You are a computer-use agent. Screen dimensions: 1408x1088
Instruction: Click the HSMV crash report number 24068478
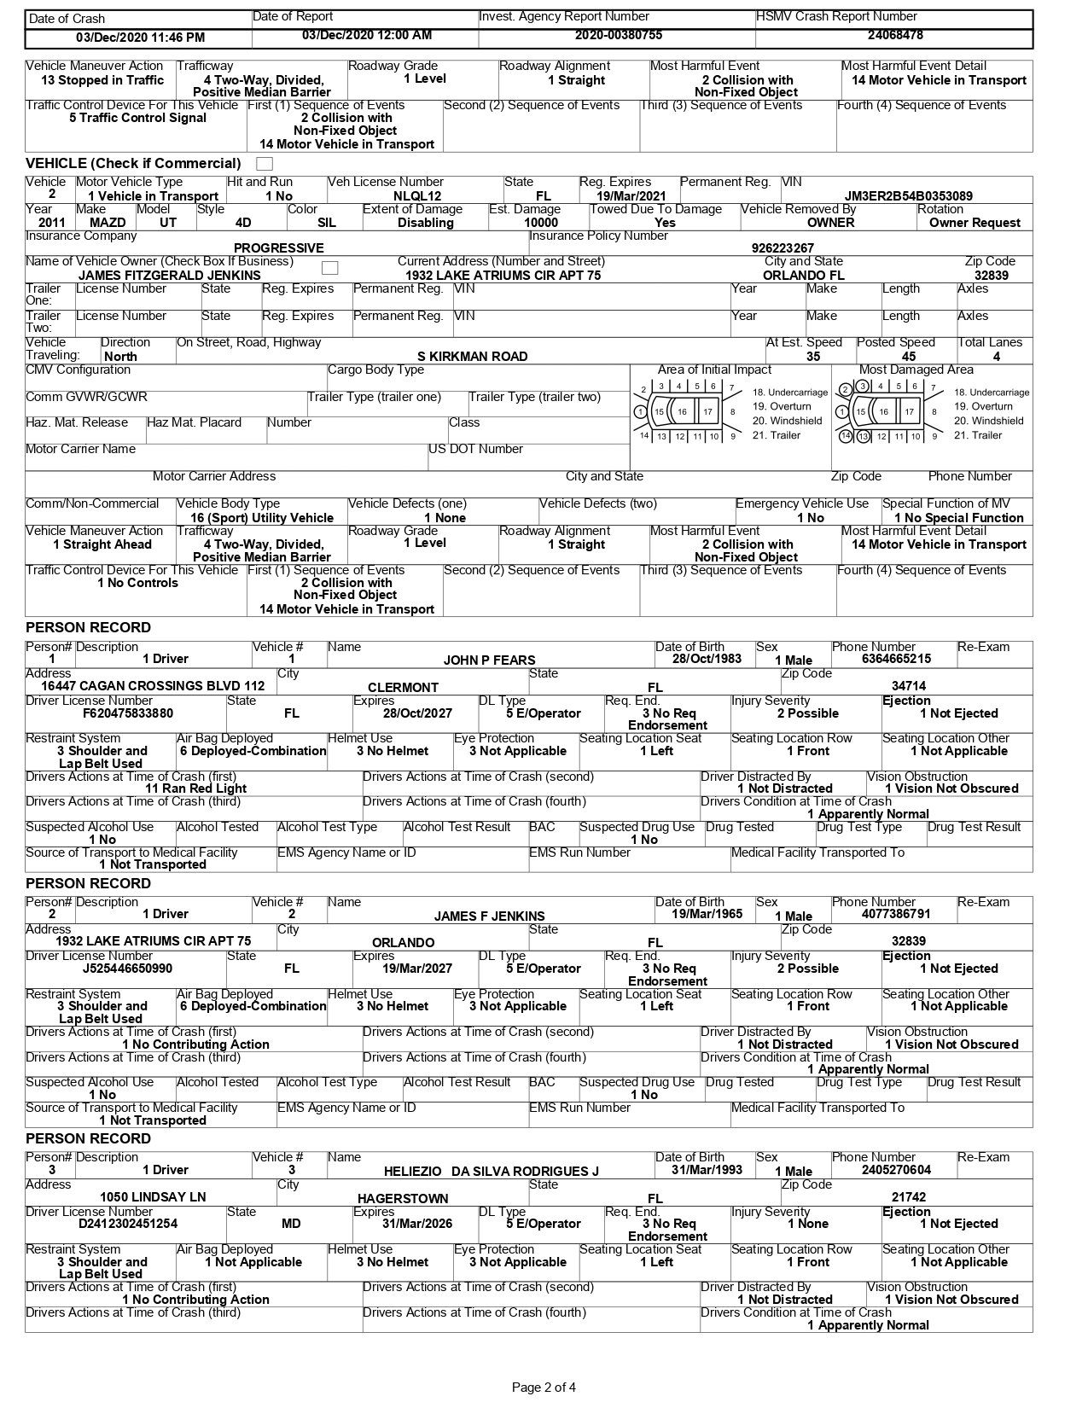tap(894, 36)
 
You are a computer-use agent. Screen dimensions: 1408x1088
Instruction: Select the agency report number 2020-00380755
tap(618, 36)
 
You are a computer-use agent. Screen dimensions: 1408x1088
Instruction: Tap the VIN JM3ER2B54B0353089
tap(908, 196)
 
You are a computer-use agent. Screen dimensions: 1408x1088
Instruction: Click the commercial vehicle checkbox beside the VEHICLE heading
tap(265, 164)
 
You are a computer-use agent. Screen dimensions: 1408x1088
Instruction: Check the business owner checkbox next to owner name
tap(329, 268)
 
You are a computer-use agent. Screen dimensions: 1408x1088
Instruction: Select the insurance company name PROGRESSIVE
tap(278, 248)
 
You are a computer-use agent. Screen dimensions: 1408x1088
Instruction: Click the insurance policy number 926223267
tap(783, 248)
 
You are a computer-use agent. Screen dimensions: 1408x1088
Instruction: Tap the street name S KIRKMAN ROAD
tap(472, 357)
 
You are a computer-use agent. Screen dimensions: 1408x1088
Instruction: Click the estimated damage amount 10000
tap(541, 223)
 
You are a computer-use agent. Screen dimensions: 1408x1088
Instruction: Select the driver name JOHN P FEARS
tap(489, 660)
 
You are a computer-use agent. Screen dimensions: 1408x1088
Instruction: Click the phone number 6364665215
tap(884, 659)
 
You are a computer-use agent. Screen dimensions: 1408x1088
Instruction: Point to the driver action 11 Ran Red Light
tap(195, 788)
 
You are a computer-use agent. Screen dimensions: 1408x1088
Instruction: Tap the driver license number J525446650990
tap(127, 969)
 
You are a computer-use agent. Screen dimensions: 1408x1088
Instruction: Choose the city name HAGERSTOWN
tap(403, 1198)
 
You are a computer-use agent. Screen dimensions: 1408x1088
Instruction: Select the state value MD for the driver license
tap(291, 1224)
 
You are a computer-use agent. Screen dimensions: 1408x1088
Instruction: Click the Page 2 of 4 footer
tap(544, 1388)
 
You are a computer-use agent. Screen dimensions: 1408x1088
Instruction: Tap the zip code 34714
tap(908, 686)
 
